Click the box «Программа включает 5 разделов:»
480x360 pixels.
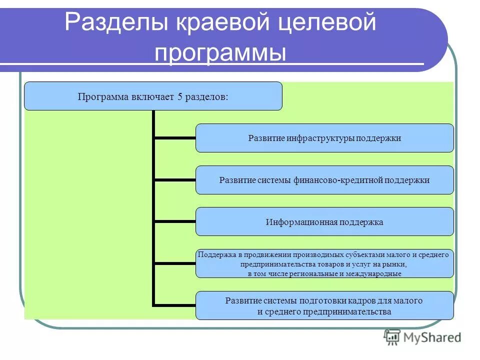tap(153, 96)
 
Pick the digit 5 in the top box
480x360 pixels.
tap(179, 96)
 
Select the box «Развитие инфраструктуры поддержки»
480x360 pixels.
tap(324, 138)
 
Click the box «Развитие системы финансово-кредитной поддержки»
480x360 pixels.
tap(324, 180)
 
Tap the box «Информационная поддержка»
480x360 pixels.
tap(324, 221)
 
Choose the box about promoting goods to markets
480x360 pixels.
tap(324, 263)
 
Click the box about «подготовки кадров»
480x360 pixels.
tap(324, 305)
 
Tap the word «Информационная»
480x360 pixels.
tap(302, 222)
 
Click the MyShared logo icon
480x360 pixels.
tap(392, 337)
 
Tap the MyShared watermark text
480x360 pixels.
tap(432, 338)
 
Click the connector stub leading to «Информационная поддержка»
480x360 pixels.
tap(174, 221)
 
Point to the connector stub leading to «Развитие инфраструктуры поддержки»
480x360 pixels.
tap(174, 138)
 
